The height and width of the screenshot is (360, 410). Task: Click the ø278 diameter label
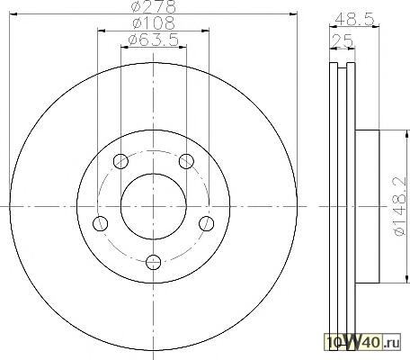[153, 6]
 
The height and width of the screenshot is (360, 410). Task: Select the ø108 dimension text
[153, 23]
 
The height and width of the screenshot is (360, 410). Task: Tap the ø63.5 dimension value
[153, 40]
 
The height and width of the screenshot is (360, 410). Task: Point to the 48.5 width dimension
[354, 20]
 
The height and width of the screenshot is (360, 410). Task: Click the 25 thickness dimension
[343, 40]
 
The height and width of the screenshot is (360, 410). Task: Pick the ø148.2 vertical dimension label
[400, 207]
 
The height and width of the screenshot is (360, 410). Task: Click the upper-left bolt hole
[120, 161]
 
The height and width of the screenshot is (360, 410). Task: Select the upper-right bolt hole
[186, 161]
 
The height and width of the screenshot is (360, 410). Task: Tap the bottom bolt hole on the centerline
[153, 262]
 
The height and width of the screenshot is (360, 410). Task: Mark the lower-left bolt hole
[101, 223]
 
